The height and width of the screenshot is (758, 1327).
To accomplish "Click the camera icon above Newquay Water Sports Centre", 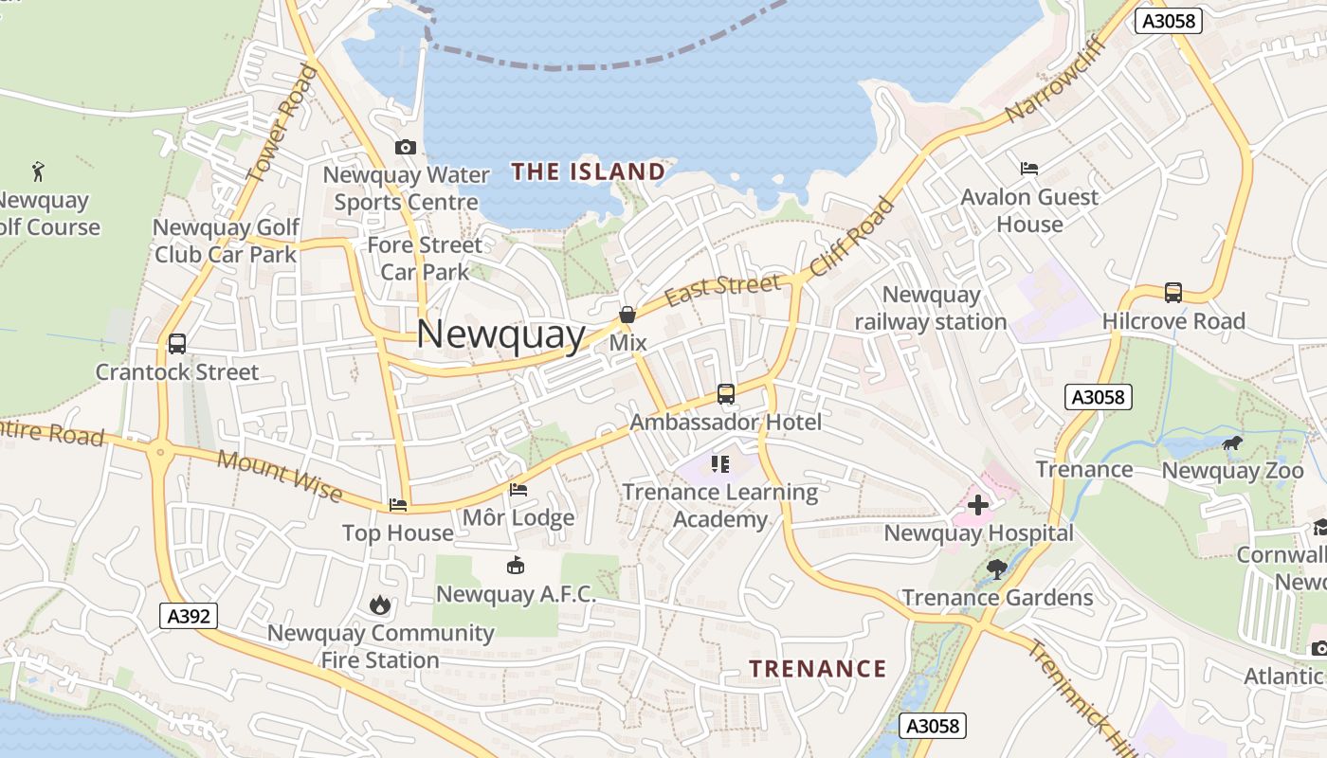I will (x=405, y=147).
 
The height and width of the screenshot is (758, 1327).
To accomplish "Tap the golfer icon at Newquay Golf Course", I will (x=38, y=171).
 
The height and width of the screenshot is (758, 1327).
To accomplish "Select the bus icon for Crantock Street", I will (x=176, y=344).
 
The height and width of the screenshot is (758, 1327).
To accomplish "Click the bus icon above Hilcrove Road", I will (x=1172, y=293).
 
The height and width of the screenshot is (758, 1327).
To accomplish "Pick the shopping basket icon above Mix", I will (x=627, y=314).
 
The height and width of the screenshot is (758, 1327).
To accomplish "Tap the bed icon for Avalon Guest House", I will (x=1029, y=169).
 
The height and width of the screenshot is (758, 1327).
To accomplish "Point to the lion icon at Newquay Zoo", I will (x=1231, y=443).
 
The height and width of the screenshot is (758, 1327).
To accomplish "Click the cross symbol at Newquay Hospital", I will (x=977, y=505).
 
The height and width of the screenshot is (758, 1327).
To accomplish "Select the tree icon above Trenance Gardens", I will (x=996, y=569).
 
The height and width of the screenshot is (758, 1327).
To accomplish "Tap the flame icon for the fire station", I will (x=380, y=605).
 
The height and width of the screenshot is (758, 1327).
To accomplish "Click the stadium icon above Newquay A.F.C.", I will (x=515, y=566).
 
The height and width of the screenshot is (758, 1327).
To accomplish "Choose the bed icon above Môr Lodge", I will (x=518, y=490).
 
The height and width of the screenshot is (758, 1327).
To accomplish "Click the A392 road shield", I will (x=190, y=617).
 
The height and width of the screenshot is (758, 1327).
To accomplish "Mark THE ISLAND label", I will (x=588, y=171).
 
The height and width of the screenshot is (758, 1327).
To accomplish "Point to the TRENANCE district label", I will (x=817, y=669).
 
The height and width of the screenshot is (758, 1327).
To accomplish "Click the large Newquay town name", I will (x=500, y=334).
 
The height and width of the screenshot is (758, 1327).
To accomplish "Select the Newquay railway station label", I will (x=931, y=308).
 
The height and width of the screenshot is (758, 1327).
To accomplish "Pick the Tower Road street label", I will (x=280, y=122).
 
